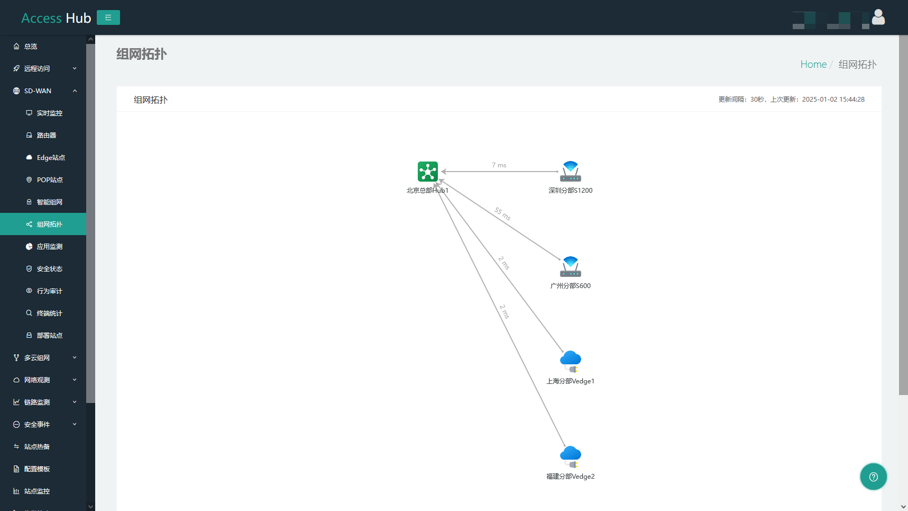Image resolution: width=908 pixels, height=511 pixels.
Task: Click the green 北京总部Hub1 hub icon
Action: [x=427, y=172]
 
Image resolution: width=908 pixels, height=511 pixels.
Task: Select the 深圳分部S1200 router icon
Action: [x=571, y=172]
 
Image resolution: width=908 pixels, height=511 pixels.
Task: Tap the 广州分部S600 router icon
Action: [x=571, y=267]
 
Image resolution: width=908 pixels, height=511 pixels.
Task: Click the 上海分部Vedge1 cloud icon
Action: [x=571, y=362]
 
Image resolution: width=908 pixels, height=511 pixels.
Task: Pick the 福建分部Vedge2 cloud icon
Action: [x=571, y=457]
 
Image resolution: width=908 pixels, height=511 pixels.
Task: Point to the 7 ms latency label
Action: [x=499, y=165]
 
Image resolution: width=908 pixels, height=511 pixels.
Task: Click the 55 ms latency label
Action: [x=502, y=214]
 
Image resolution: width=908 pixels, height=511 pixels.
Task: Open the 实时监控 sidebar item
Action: [x=50, y=113]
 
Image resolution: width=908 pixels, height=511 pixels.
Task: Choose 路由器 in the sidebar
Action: [x=47, y=136]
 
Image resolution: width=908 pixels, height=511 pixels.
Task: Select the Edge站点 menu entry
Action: [x=51, y=158]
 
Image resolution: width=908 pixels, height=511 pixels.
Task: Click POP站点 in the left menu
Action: [x=50, y=180]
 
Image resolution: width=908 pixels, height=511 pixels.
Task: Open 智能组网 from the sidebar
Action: [x=50, y=202]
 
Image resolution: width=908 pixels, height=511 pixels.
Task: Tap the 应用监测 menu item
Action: [x=50, y=247]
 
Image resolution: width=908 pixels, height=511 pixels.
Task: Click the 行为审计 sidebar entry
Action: [x=50, y=291]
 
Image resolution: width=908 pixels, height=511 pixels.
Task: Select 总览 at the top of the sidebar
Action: [x=31, y=47]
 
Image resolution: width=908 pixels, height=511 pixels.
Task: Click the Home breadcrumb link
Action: [x=813, y=65]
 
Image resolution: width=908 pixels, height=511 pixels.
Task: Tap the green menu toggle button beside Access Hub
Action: [x=108, y=17]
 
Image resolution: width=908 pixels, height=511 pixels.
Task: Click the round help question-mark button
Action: [x=874, y=477]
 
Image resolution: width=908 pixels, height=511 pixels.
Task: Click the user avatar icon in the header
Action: [x=878, y=17]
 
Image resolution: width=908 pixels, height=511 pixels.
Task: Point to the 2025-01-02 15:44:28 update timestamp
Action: [x=833, y=100]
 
